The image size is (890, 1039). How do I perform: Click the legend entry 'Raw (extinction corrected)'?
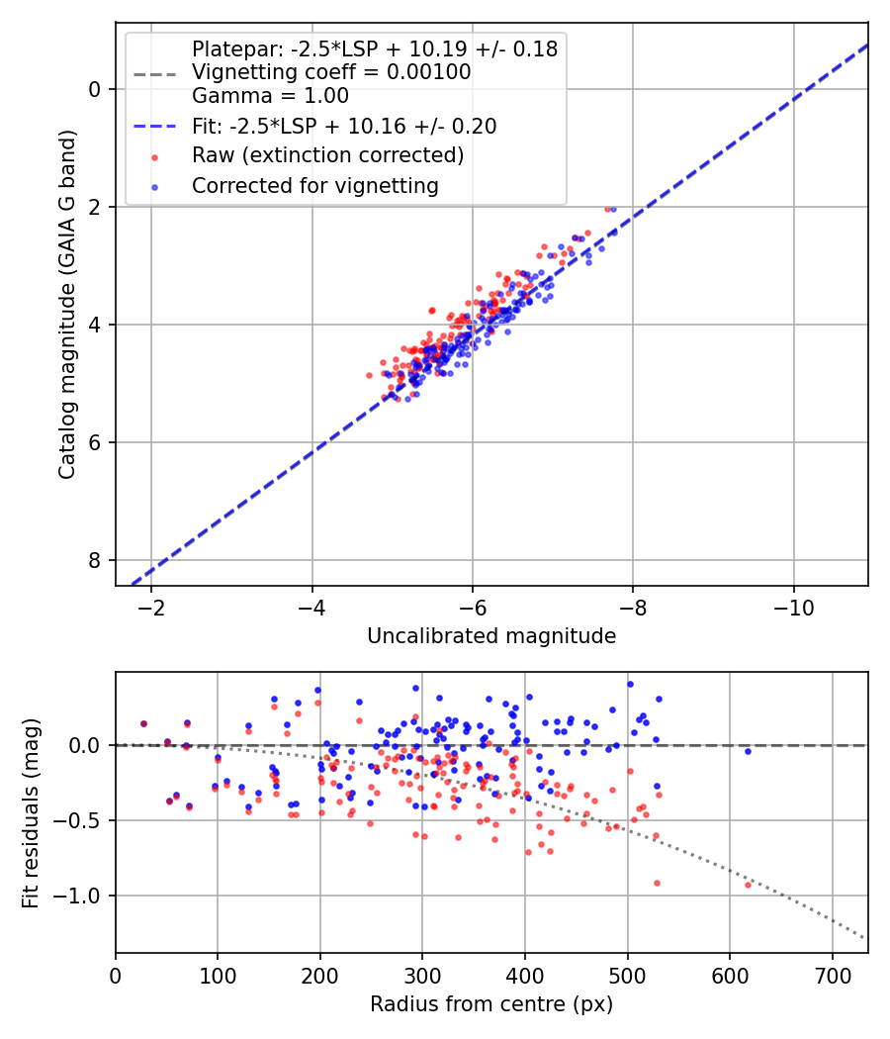(x=327, y=155)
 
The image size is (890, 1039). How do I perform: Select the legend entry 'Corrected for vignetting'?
(x=314, y=185)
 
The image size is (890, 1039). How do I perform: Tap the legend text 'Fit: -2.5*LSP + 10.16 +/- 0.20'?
(x=344, y=126)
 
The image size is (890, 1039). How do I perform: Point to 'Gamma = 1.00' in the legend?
(x=270, y=96)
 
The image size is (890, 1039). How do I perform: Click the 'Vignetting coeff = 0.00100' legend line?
(x=331, y=72)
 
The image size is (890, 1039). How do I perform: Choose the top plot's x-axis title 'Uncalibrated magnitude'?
(x=491, y=636)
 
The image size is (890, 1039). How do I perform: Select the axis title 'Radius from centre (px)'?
(x=491, y=1004)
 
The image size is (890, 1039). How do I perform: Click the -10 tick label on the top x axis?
(x=793, y=607)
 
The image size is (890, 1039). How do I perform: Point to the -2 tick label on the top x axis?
(x=151, y=607)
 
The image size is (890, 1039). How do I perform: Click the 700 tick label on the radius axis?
(x=832, y=975)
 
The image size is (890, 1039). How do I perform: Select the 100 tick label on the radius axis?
(x=218, y=975)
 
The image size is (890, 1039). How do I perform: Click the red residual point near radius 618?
(x=748, y=885)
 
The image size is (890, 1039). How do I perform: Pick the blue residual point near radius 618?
(x=748, y=751)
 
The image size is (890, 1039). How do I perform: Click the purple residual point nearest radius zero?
(x=143, y=723)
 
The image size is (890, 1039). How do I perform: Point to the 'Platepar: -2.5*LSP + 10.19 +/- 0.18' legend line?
(x=374, y=48)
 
